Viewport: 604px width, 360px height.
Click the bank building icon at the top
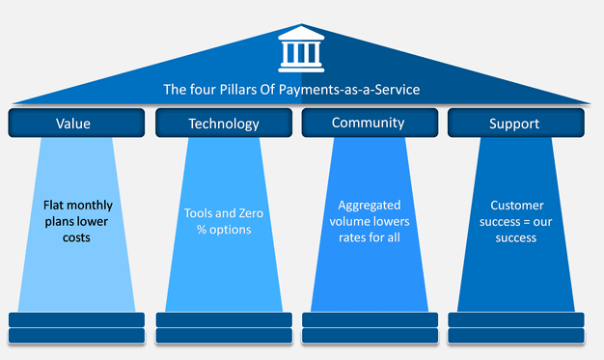point(302,49)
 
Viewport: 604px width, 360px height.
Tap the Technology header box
point(223,123)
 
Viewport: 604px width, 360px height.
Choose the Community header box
point(369,123)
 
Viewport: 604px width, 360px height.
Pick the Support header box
point(515,123)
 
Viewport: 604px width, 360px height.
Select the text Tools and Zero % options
point(223,221)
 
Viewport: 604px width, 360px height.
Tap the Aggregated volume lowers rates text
point(369,221)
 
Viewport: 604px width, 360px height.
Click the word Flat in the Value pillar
point(57,205)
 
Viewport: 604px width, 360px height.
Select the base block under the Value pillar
point(76,327)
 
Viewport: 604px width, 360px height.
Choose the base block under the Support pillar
point(515,327)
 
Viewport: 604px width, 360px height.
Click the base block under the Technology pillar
point(223,327)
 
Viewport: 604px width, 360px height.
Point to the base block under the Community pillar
point(369,327)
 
